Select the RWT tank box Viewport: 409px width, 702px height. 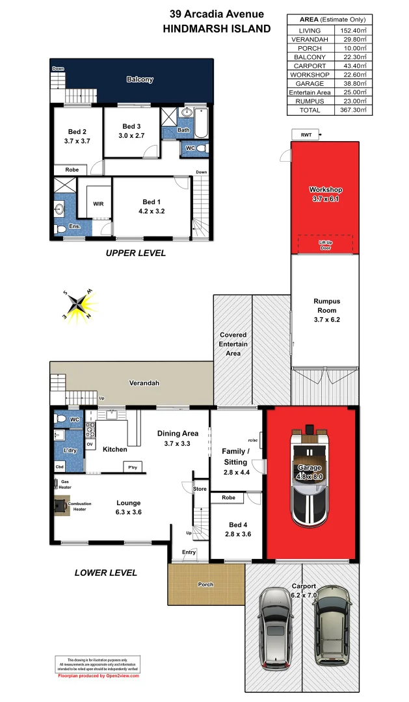tap(306, 135)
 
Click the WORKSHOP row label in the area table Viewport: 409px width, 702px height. tap(310, 75)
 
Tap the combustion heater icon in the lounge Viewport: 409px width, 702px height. tap(60, 506)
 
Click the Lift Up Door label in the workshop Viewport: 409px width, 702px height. tap(324, 244)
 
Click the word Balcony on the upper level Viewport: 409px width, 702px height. tap(140, 80)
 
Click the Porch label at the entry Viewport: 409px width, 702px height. tap(205, 584)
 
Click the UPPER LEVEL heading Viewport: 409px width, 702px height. tap(135, 253)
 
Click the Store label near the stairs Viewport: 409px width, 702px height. tap(200, 489)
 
